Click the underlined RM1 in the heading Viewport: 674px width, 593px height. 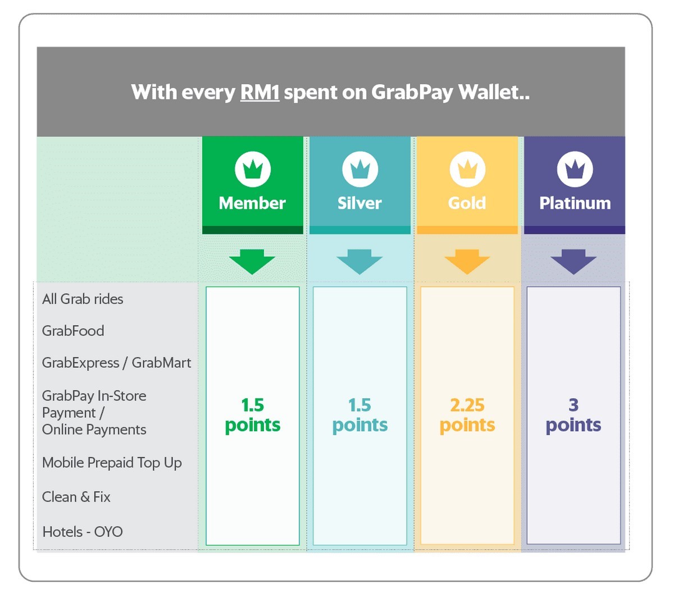coord(259,92)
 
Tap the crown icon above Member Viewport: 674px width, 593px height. coord(253,169)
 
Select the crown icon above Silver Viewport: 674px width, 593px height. coord(360,169)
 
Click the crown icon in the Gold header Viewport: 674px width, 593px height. coord(467,169)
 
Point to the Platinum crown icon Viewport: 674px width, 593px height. coord(575,169)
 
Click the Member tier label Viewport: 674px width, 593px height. coord(252,203)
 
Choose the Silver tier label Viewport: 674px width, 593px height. coord(359,203)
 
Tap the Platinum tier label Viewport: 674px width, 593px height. coord(575,203)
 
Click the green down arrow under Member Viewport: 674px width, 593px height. coord(252,262)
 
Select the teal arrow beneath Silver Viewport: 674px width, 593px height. coord(359,262)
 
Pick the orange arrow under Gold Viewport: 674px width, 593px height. coord(467,262)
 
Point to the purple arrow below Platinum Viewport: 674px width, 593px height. coord(573,262)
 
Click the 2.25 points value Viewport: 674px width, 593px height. coord(467,416)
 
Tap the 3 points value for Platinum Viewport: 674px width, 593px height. coord(573,416)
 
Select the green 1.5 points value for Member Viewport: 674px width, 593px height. coord(253,416)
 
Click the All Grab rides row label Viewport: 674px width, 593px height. coord(83,299)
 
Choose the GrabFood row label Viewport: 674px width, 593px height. coord(73,331)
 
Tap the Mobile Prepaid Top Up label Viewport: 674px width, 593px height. coord(112,463)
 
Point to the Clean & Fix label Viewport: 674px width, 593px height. coord(76,497)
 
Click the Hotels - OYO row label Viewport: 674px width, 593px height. coord(83,532)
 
